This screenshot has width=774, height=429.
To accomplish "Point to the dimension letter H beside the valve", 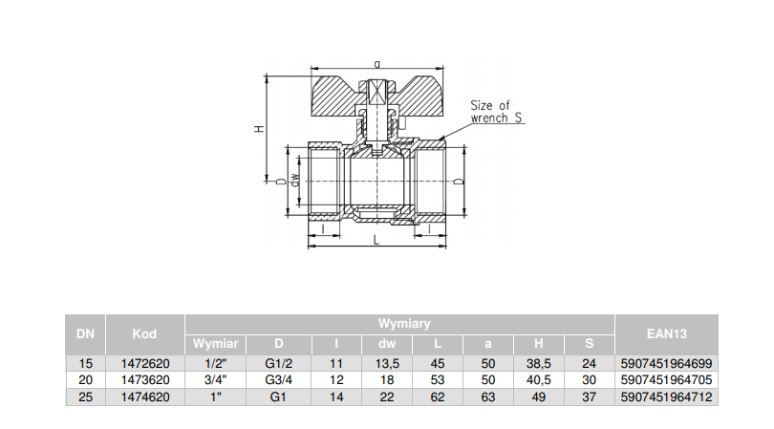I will coord(259,129).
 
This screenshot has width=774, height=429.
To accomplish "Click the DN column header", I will coord(85,333).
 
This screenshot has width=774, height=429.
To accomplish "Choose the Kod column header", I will coord(143,333).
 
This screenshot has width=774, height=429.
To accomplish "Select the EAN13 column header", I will coord(665,333).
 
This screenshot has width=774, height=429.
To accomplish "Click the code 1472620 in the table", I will coord(143,363).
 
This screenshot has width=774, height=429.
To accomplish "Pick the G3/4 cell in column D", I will coord(280,379).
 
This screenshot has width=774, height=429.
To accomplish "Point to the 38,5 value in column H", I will coord(540,363).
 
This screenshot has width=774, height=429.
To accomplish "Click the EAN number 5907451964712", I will coord(665,396).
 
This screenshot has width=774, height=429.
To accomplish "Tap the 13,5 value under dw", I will coord(386,363).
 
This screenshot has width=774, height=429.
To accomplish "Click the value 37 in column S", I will coord(589,396).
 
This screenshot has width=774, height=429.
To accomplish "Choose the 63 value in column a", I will coord(488,396).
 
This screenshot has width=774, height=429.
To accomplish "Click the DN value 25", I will coord(85,396).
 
